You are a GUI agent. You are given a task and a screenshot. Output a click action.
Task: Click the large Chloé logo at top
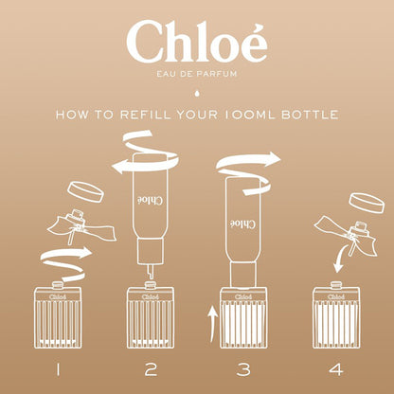point(197,43)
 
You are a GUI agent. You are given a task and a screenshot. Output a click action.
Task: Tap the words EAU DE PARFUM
point(197,76)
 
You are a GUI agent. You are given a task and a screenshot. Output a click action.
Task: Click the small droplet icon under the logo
point(197,93)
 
